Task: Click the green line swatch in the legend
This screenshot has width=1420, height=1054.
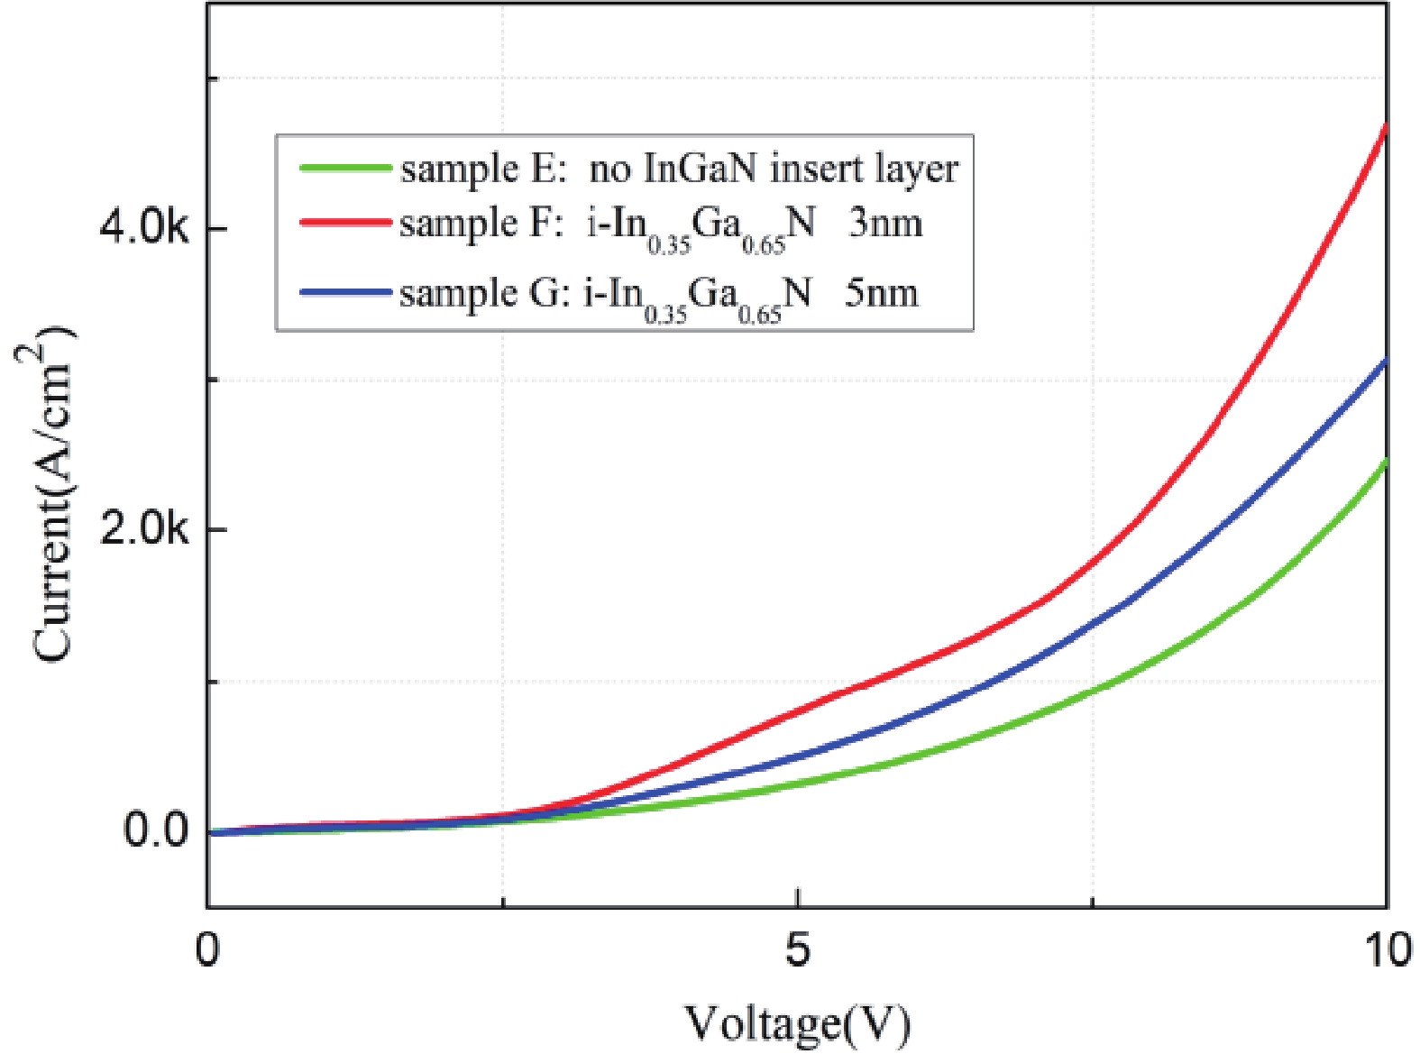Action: point(345,169)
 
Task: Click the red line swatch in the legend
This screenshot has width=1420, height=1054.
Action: point(345,222)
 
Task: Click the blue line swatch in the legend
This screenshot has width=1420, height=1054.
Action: point(345,292)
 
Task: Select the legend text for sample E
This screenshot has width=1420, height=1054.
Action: point(679,170)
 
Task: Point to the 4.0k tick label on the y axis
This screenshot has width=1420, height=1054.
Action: point(144,228)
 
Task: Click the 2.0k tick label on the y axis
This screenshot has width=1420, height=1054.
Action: point(144,529)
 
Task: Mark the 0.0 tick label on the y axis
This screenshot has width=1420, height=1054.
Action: point(155,830)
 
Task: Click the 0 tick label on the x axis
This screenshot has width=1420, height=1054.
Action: point(207,950)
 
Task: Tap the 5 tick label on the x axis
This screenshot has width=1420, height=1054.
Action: point(797,950)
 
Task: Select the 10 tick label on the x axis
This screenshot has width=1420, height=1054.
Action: point(1387,950)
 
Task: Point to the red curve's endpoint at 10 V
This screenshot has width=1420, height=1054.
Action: point(1385,126)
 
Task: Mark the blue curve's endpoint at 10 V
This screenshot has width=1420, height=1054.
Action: point(1385,362)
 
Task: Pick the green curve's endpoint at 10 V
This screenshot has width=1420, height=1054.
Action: point(1385,462)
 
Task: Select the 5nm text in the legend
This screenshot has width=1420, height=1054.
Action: point(881,294)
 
